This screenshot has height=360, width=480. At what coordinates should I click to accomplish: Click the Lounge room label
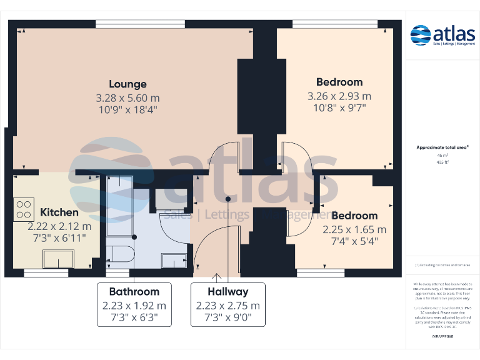coord(127,84)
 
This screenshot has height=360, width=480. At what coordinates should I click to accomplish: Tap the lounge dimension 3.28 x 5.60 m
coord(127,98)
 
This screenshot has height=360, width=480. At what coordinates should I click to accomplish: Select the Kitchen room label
coord(59,212)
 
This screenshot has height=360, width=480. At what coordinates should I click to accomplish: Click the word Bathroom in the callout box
coord(134,291)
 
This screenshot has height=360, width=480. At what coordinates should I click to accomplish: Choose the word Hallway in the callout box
coord(227,291)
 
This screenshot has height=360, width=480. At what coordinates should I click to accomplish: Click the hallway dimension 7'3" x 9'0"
coord(227,317)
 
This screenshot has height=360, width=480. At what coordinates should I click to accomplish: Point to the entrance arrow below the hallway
coord(217,276)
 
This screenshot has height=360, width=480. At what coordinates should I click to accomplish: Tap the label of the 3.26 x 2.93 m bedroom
coord(339,82)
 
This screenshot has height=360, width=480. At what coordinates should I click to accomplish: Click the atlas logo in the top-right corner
coord(442,35)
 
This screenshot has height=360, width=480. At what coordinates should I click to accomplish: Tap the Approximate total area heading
coord(442,147)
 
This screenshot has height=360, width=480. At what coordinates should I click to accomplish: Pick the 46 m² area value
coord(442,155)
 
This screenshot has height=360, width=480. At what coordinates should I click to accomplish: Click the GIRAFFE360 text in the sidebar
coord(442,336)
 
